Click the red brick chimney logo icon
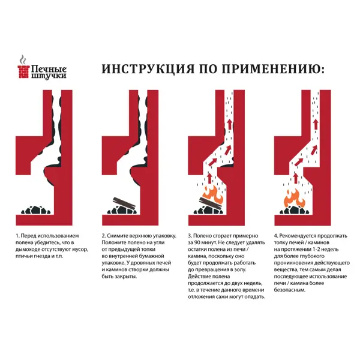pyautogui.click(x=23, y=71)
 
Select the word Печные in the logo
pyautogui.click(x=49, y=68)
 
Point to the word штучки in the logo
pyautogui.click(x=49, y=76)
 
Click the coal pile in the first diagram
pyautogui.click(x=36, y=210)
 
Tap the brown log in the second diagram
pyautogui.click(x=124, y=203)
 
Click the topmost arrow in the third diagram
pyautogui.click(x=229, y=125)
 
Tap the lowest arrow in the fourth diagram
pyautogui.click(x=296, y=178)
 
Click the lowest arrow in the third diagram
pyautogui.click(x=209, y=178)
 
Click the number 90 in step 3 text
pyautogui.click(x=197, y=242)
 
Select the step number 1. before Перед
pyautogui.click(x=17, y=236)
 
